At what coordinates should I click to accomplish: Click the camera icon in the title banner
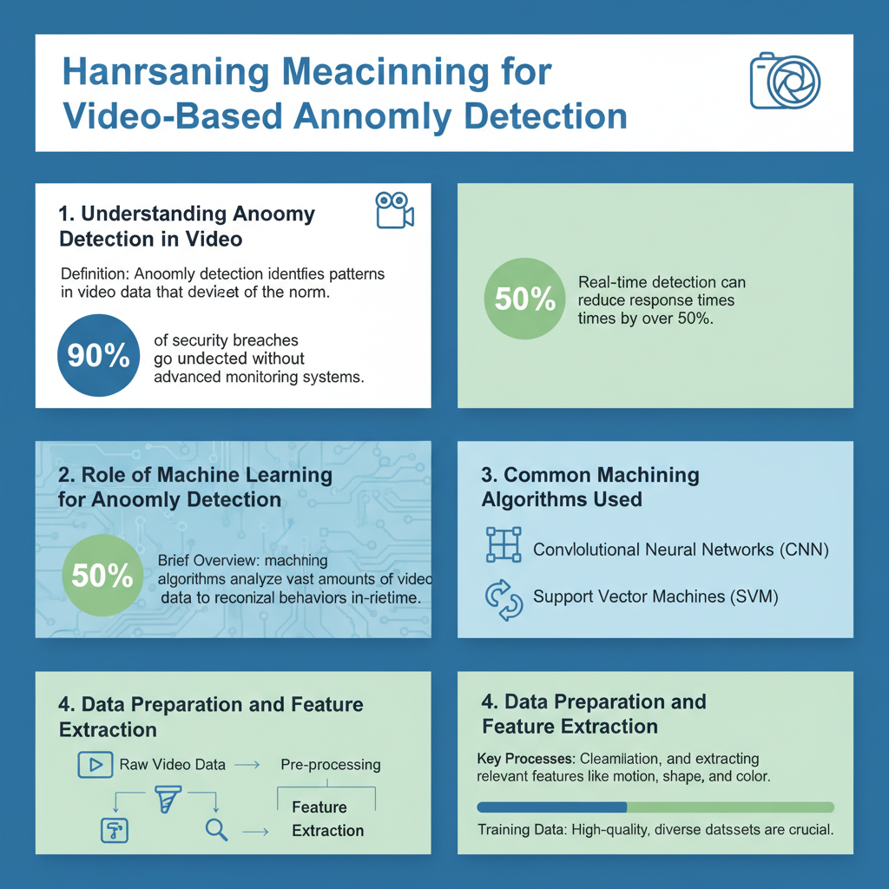click(x=785, y=82)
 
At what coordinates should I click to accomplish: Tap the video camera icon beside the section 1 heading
click(x=394, y=211)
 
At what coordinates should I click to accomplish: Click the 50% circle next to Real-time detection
click(x=524, y=300)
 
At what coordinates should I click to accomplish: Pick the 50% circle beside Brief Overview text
click(x=102, y=575)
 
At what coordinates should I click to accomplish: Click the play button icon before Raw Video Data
click(x=95, y=765)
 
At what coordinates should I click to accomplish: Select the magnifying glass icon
click(x=216, y=830)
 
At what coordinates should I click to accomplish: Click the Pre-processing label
click(x=331, y=765)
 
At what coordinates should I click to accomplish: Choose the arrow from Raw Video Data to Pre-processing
click(x=248, y=765)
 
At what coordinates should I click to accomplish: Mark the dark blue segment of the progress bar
click(x=551, y=807)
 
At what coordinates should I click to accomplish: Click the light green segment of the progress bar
click(x=729, y=807)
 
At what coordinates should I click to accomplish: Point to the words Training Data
click(x=520, y=830)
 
